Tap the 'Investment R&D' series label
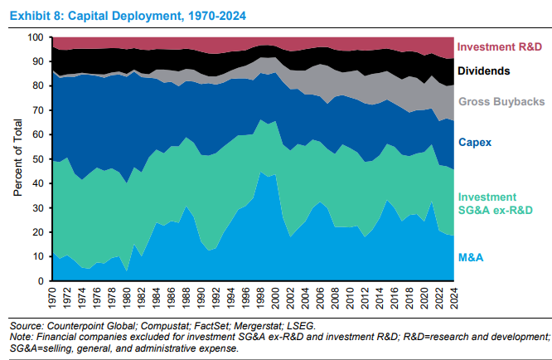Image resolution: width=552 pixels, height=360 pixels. [x=500, y=46]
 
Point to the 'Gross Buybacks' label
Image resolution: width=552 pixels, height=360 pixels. [x=500, y=101]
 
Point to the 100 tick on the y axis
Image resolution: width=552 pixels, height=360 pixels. [x=36, y=37]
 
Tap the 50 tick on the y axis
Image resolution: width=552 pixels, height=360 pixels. [x=38, y=159]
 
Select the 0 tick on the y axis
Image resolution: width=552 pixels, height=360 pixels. [x=41, y=281]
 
